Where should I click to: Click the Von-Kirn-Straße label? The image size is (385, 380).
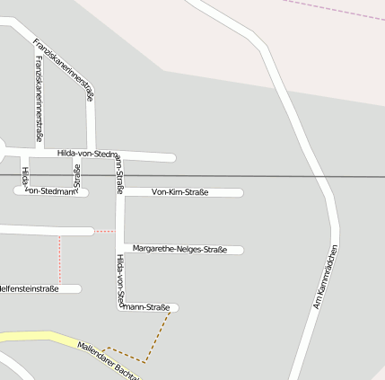[179, 192]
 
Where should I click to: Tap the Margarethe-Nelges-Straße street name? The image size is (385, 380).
[179, 249]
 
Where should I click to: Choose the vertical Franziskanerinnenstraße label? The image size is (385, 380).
[39, 99]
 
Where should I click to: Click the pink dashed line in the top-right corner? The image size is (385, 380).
[332, 11]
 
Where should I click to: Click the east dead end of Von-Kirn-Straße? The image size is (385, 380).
[240, 192]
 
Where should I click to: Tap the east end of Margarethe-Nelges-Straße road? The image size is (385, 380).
[240, 250]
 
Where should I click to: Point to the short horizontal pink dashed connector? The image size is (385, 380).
[104, 231]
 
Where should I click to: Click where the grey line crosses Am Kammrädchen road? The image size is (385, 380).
[323, 176]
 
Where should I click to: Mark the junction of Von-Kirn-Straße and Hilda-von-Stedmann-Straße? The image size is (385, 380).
[120, 192]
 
